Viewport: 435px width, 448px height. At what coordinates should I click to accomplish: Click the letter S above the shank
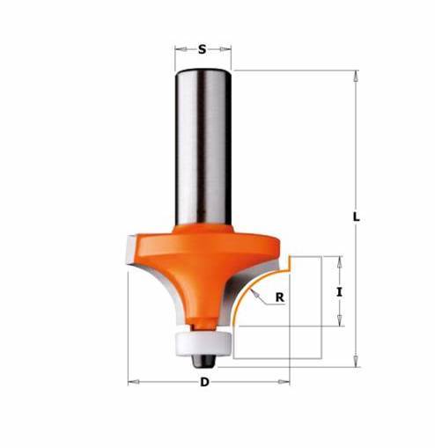203,49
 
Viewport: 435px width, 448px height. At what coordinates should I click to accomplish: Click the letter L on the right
356,217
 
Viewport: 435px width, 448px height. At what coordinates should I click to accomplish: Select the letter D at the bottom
204,382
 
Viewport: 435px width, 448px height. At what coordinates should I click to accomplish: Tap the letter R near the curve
280,297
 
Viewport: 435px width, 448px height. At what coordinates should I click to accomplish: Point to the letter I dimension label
339,292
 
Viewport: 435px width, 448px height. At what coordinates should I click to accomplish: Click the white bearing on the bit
203,344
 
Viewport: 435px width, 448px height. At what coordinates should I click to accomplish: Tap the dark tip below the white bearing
203,361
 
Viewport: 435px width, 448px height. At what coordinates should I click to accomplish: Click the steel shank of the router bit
203,148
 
